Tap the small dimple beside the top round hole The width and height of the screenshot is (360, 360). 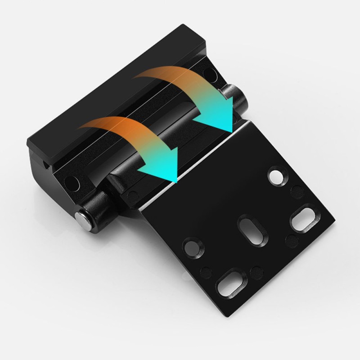point(297,191)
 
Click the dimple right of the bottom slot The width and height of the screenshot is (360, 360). point(257,271)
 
